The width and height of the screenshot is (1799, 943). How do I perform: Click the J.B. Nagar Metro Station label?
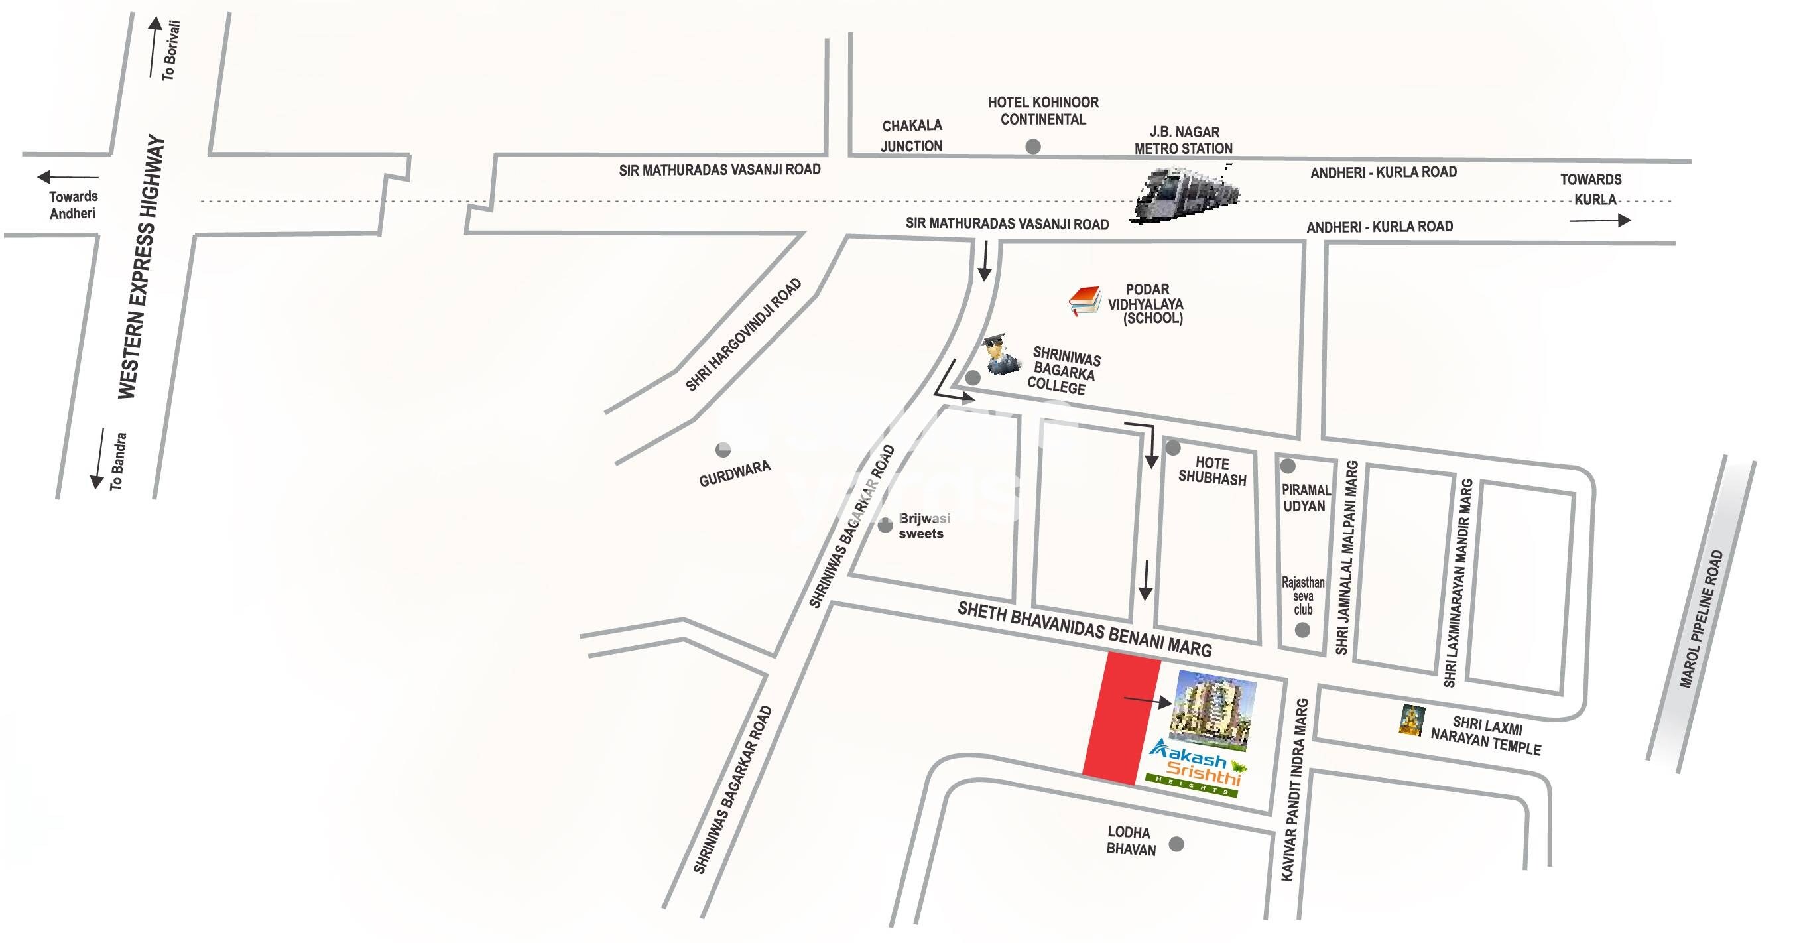click(1183, 140)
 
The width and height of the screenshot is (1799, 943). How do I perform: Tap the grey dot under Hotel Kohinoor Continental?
click(1033, 147)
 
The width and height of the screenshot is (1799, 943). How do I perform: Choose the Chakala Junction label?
click(911, 135)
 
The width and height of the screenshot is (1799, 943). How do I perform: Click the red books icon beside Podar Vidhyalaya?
click(1084, 300)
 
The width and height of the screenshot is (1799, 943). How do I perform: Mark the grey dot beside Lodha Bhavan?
click(1177, 844)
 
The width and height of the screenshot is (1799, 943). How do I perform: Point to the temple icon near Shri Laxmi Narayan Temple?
click(1411, 721)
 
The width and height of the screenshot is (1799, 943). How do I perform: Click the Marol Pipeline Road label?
click(1702, 619)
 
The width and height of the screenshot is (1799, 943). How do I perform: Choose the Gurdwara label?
click(735, 473)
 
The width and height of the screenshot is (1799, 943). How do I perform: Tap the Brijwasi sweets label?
click(923, 526)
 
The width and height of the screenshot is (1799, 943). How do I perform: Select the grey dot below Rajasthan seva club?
click(1302, 630)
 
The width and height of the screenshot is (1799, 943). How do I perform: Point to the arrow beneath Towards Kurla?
click(1599, 221)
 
